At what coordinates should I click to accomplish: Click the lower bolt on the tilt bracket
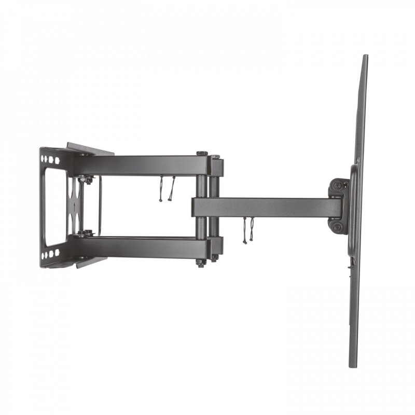pos(338,227)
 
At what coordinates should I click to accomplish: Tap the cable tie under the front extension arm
pos(247,229)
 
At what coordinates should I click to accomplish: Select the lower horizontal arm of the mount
pos(140,246)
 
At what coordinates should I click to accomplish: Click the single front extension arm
pos(270,207)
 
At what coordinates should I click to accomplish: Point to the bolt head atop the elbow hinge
pos(201,154)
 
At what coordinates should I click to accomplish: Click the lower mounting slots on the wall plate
pos(50,255)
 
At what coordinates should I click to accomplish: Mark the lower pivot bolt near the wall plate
pos(86,233)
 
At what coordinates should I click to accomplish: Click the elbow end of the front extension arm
pos(200,207)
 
